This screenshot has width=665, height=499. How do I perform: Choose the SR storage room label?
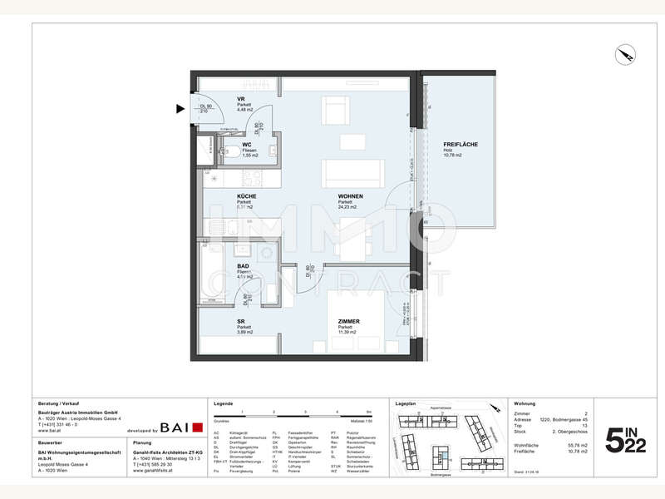tap(240, 321)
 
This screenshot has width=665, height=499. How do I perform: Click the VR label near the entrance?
tap(240, 98)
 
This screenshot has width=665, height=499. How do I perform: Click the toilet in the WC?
tap(229, 152)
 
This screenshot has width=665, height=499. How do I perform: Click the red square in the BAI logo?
tap(197, 427)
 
